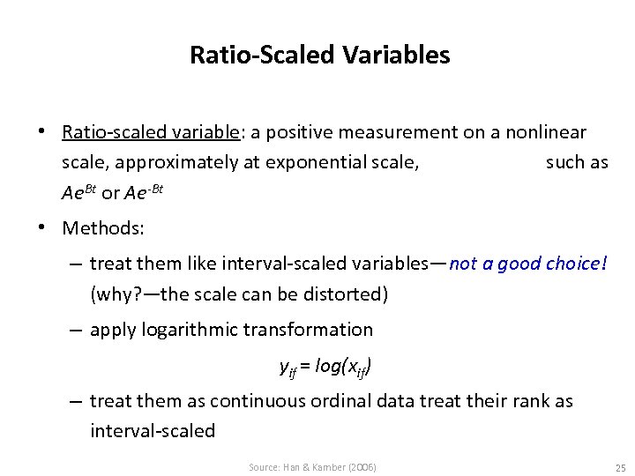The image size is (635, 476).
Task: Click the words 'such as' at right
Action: (577, 162)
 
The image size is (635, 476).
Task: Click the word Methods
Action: (103, 228)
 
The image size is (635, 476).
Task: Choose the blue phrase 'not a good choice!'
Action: (528, 264)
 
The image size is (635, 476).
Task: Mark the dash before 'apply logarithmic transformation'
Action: (77, 330)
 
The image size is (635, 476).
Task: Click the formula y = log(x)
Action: (325, 365)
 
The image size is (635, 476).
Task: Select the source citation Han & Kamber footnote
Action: (312, 466)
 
